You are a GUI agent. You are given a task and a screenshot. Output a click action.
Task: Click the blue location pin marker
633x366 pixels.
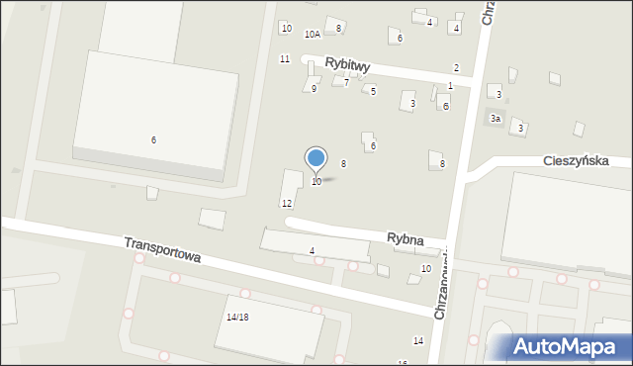pyautogui.click(x=316, y=158)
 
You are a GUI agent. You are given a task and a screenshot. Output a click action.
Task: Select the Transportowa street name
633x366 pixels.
pyautogui.click(x=163, y=249)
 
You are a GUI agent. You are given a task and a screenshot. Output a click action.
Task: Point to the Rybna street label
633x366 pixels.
pyautogui.click(x=406, y=239)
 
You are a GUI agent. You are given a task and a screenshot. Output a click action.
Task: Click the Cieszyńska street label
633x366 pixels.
pyautogui.click(x=575, y=160)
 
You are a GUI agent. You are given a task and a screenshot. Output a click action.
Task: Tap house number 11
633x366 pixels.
pyautogui.click(x=285, y=59)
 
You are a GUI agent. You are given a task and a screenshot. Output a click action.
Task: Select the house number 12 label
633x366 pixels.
pyautogui.click(x=287, y=203)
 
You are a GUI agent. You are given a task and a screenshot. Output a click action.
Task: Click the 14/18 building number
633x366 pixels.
pyautogui.click(x=237, y=318)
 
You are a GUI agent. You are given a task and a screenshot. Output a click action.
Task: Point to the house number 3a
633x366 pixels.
pyautogui.click(x=497, y=119)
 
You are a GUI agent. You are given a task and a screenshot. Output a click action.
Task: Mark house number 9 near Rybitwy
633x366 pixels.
pyautogui.click(x=314, y=89)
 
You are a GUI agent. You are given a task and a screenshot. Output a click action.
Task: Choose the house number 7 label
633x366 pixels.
pyautogui.click(x=346, y=83)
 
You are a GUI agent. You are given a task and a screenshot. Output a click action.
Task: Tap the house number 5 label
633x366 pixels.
pyautogui.click(x=373, y=91)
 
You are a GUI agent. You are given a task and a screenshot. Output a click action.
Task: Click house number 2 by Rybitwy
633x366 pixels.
pyautogui.click(x=456, y=67)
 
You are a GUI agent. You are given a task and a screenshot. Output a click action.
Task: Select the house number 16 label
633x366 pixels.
pyautogui.click(x=403, y=363)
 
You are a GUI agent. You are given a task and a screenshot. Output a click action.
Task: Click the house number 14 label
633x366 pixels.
pyautogui.click(x=418, y=340)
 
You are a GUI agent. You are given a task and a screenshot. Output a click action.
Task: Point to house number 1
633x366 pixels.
pyautogui.click(x=450, y=87)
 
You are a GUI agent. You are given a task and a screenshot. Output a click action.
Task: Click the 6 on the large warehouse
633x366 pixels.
pyautogui.click(x=153, y=139)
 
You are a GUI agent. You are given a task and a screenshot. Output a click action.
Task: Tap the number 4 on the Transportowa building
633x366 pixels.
pyautogui.click(x=312, y=251)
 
